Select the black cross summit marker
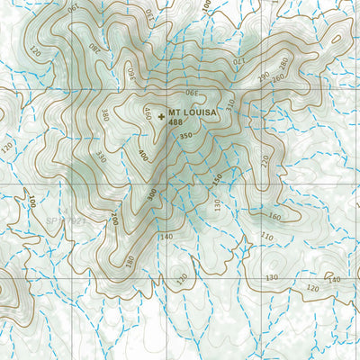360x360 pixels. click(161, 115)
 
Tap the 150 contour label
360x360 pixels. click(217, 178)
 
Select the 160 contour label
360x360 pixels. click(274, 217)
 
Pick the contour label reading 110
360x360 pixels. click(266, 236)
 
